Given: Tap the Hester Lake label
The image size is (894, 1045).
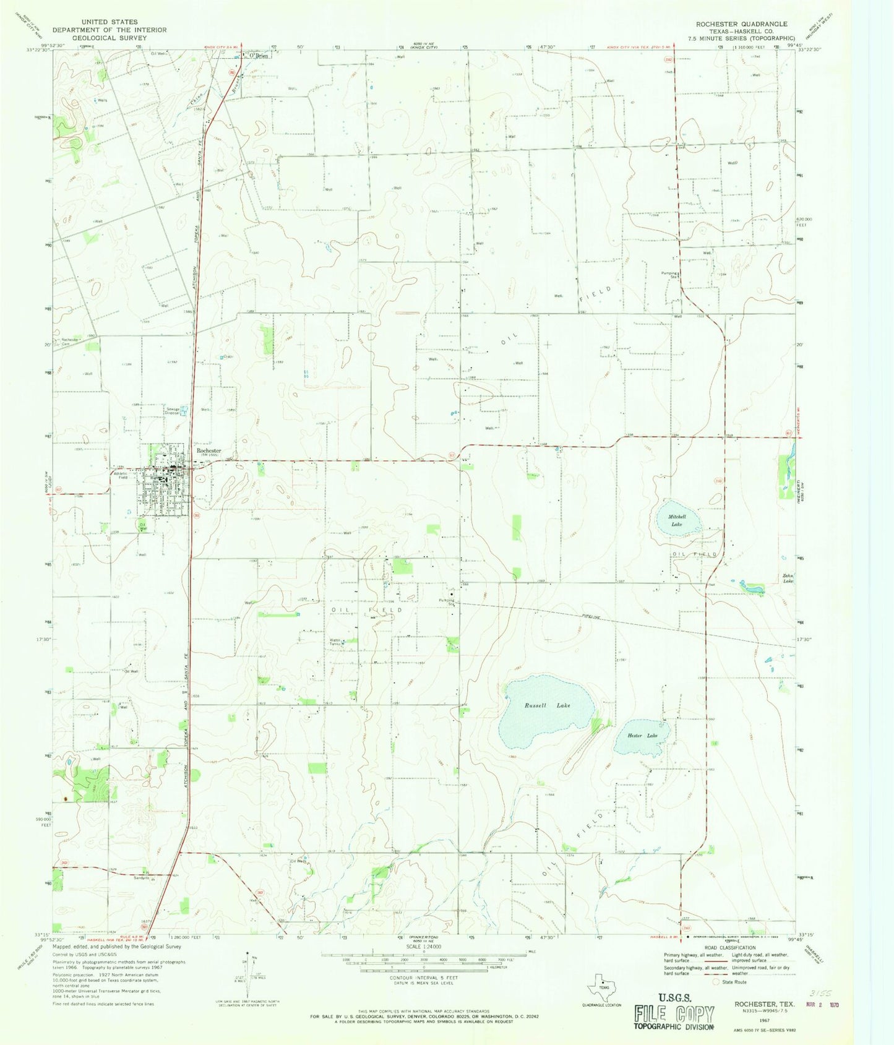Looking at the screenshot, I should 643,736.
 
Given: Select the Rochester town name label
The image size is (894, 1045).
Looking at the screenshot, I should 208,451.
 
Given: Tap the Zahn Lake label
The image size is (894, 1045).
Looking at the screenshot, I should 788,578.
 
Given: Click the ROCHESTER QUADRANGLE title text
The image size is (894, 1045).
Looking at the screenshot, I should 741,24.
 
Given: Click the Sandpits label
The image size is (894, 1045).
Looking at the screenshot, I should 143,877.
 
